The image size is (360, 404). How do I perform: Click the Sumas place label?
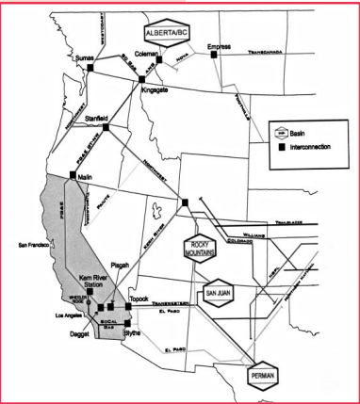click(x=84, y=58)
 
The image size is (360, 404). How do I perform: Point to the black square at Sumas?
click(x=90, y=68)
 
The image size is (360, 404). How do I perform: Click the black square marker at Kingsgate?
click(x=141, y=79)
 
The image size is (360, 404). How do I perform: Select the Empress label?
click(x=220, y=44)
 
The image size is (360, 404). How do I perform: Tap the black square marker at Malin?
click(x=73, y=176)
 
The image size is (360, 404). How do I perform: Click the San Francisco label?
click(x=33, y=245)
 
